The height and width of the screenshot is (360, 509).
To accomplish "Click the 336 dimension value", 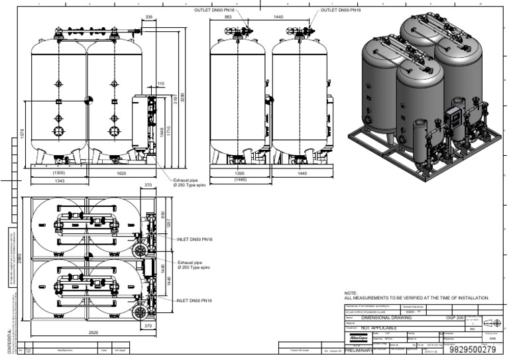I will tap(148, 17).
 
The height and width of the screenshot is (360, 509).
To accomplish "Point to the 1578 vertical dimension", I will tap(23, 133).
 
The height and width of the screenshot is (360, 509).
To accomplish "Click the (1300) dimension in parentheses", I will tap(58, 172).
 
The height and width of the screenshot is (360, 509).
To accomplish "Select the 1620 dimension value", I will tap(121, 172).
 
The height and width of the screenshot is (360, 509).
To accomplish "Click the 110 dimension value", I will tap(160, 84).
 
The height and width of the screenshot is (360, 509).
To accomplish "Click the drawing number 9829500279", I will tap(472, 349).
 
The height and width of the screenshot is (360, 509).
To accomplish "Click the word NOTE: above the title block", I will tap(351, 292).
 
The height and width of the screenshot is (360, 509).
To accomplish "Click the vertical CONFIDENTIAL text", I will tap(9, 341).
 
